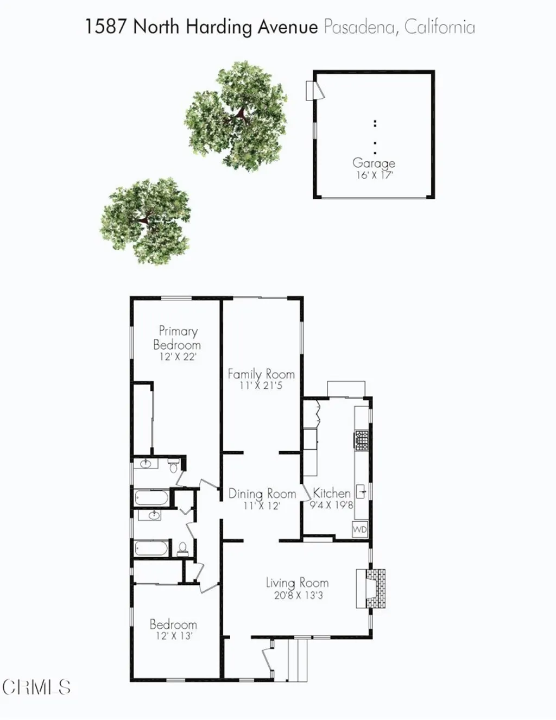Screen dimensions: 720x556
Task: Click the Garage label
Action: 374,163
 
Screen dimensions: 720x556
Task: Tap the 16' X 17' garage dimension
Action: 374,175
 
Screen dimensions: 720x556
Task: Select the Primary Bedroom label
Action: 177,338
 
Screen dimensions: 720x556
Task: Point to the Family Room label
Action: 261,374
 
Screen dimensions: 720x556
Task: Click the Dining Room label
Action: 262,494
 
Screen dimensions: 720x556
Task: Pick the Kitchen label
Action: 332,493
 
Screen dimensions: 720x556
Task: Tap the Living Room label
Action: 297,583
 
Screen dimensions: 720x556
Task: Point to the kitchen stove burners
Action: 362,440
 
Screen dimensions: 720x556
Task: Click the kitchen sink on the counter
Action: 361,492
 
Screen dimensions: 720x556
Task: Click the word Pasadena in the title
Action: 359,27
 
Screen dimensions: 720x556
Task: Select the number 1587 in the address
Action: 105,27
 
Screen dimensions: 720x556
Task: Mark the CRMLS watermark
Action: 36,687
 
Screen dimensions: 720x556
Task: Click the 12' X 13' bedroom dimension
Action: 174,636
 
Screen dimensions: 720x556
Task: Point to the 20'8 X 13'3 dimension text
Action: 298,595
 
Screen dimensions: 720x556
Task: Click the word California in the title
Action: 439,27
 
